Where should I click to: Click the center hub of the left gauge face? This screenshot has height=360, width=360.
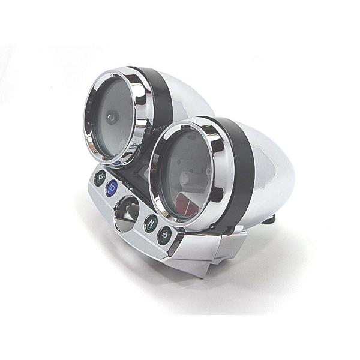(113, 118)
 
